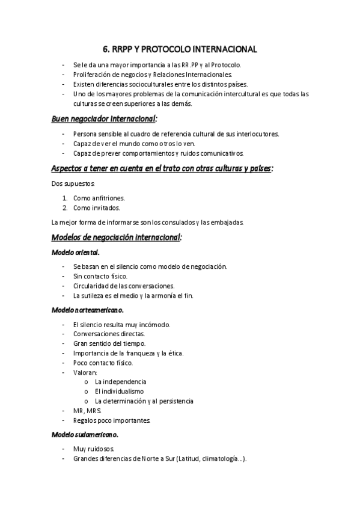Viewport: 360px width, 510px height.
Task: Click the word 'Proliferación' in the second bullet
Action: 92,75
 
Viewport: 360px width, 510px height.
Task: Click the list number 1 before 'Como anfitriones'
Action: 64,198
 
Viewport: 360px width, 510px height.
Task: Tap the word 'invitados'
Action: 106,208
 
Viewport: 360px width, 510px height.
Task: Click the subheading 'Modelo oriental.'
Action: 76,252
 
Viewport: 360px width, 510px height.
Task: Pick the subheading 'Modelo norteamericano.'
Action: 88,310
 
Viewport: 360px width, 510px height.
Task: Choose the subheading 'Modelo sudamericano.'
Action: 85,434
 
